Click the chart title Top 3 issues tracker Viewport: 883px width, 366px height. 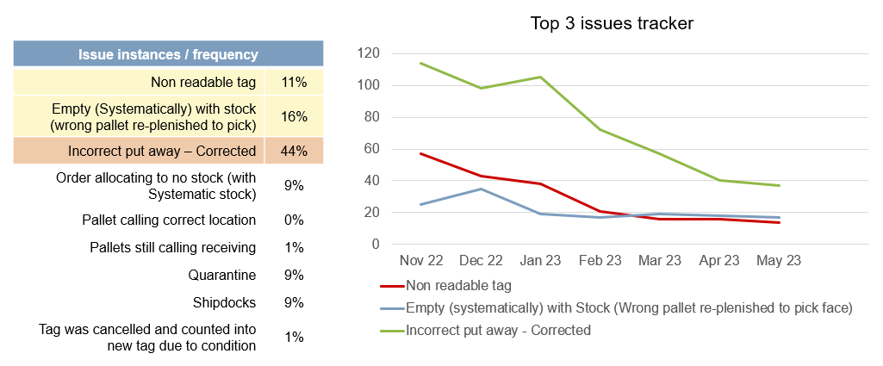(x=612, y=23)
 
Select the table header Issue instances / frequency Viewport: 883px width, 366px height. (x=168, y=54)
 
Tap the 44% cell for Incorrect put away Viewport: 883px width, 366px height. (x=294, y=151)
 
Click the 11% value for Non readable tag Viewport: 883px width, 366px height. (x=294, y=83)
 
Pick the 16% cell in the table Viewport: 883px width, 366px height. (x=294, y=116)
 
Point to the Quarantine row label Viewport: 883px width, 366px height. (x=222, y=276)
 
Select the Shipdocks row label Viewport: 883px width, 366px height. (x=225, y=303)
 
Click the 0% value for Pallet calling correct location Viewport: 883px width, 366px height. (x=294, y=220)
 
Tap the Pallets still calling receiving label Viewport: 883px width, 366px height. (x=172, y=248)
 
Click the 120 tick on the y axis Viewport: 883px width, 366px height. (x=369, y=53)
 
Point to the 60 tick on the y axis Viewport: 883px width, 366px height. (x=372, y=149)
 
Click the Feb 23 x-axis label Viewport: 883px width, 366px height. (x=600, y=261)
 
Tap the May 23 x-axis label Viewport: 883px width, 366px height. (x=780, y=261)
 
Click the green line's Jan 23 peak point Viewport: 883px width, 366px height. (x=540, y=77)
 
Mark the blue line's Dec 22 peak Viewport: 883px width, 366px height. (x=481, y=189)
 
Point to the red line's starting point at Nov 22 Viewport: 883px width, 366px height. (x=420, y=153)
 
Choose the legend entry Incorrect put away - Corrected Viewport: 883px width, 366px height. (x=498, y=330)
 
